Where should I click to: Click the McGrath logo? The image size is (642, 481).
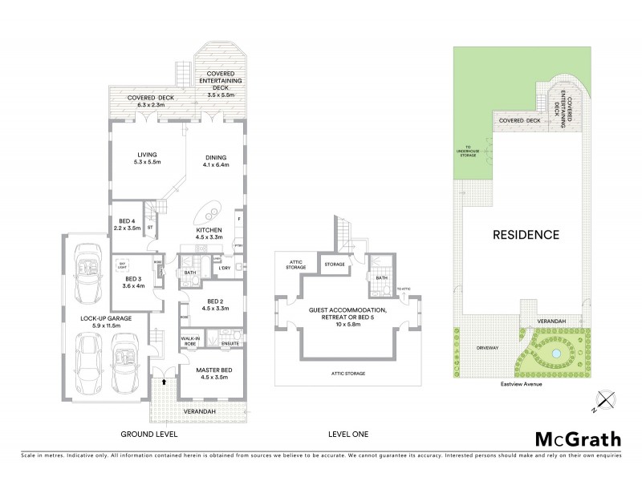pos(577,439)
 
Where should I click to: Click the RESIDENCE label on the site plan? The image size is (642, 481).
pos(526,235)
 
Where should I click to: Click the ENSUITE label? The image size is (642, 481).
pos(230,343)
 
